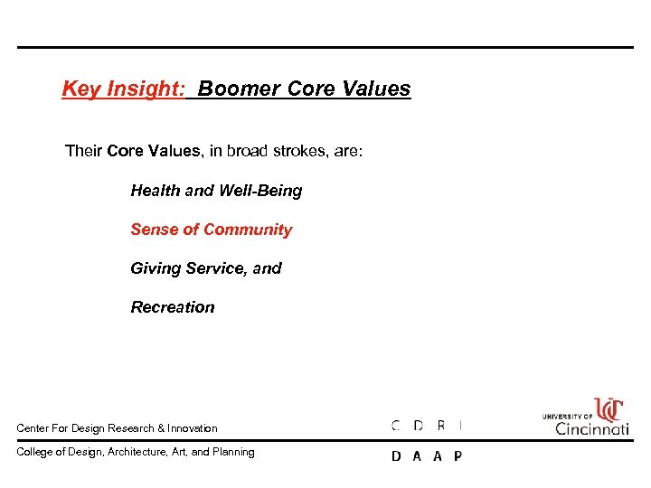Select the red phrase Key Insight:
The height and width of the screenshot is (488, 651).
pyautogui.click(x=123, y=89)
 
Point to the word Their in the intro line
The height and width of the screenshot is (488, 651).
pyautogui.click(x=83, y=151)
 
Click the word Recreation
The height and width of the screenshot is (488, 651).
pyautogui.click(x=173, y=307)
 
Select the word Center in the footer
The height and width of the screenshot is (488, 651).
pyautogui.click(x=33, y=428)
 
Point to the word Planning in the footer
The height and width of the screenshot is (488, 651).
pyautogui.click(x=234, y=452)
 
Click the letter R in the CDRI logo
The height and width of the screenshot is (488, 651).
pyautogui.click(x=440, y=426)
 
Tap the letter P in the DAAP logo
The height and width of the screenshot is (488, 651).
pyautogui.click(x=458, y=456)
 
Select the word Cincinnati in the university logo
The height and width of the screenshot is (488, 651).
pyautogui.click(x=592, y=428)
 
